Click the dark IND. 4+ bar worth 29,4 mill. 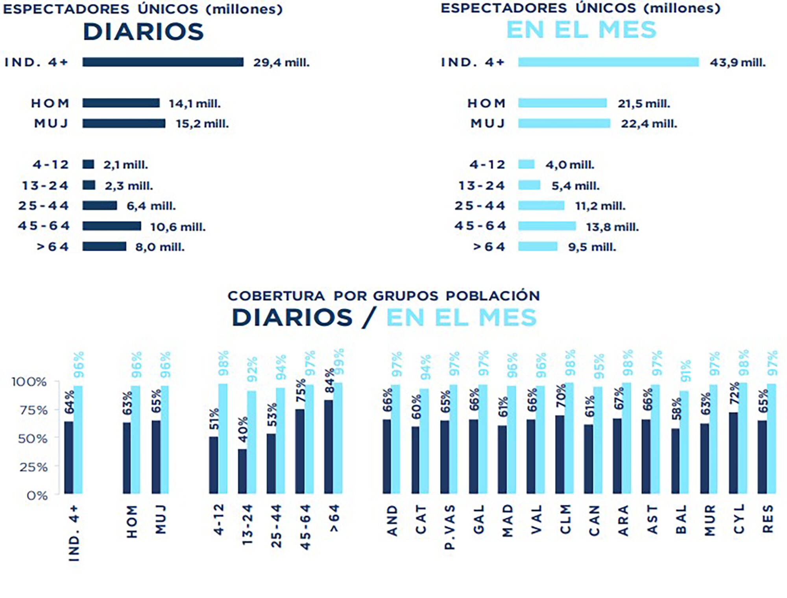[163, 62]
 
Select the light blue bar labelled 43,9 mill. [608, 62]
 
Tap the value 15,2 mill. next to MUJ [202, 124]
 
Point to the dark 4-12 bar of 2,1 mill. [88, 164]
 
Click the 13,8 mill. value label [612, 227]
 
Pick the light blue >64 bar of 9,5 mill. [538, 247]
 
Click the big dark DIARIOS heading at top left [143, 32]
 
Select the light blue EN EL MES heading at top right [581, 30]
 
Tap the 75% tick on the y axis [33, 410]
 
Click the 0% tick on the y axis [37, 495]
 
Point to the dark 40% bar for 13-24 [242, 471]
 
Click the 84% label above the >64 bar [330, 381]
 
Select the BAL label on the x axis [681, 520]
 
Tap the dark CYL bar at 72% [733, 453]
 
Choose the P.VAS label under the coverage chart [450, 527]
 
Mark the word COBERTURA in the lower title [276, 296]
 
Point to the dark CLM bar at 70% [560, 454]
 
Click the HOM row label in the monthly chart [486, 103]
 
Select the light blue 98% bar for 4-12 [223, 438]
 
